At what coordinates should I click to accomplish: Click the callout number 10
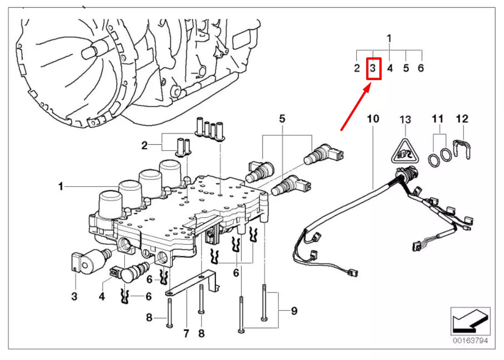coord(373,119)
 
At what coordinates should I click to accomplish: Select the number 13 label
coord(405,119)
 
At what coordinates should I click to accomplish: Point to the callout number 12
coord(461,119)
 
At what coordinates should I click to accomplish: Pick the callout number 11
coord(437,119)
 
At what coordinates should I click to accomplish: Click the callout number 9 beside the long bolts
coord(294,311)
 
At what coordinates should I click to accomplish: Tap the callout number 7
coord(186,334)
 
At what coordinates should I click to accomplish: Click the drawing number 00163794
coord(470,340)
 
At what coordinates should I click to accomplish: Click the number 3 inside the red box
coord(373,69)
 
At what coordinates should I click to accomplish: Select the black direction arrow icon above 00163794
coord(470,320)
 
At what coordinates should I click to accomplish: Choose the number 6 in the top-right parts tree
coord(421,68)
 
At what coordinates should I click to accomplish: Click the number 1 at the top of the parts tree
coord(389,38)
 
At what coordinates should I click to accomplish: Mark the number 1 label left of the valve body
coord(60,186)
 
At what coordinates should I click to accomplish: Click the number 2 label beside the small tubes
coord(144,146)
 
